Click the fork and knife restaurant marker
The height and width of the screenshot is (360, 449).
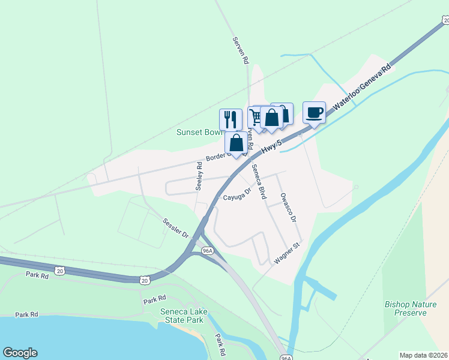231,119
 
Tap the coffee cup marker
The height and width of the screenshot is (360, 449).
314,112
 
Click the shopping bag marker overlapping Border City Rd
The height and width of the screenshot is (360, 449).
237,143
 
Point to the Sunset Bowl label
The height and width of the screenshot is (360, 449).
198,132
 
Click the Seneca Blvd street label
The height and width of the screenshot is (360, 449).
259,181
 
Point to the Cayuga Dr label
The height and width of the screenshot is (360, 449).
237,196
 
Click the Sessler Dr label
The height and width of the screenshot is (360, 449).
176,227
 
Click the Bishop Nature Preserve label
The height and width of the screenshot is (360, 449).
410,308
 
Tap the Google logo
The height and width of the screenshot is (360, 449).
20,353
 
